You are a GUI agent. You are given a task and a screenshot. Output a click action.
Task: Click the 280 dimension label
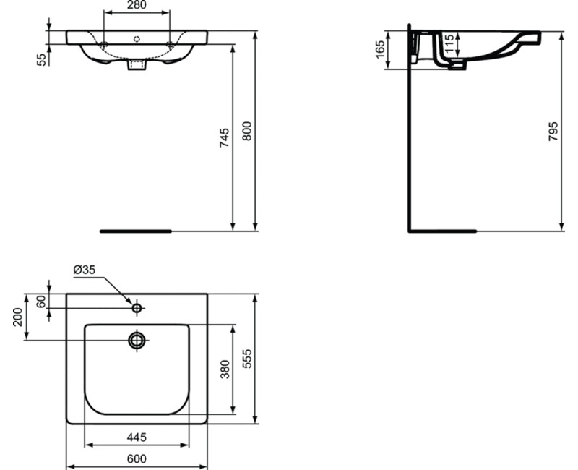(137, 7)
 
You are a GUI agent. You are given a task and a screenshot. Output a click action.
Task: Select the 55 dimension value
(41, 59)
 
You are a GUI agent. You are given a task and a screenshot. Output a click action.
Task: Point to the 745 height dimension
(225, 137)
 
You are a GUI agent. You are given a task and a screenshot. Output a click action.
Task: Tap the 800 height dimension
(247, 131)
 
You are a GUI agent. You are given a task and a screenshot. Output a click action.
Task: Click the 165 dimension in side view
(379, 50)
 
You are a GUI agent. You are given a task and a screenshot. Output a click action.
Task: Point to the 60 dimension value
(41, 301)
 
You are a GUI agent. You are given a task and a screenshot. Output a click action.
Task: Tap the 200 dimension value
(18, 316)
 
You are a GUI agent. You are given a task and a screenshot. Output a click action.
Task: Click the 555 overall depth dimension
(247, 359)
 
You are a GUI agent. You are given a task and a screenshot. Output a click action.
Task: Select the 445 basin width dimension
(137, 437)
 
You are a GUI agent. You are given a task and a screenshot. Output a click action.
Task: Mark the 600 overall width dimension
(137, 458)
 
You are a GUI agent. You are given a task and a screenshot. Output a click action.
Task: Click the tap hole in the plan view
(137, 309)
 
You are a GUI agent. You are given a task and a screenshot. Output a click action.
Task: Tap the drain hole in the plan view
(137, 340)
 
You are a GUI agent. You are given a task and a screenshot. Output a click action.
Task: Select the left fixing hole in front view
(104, 46)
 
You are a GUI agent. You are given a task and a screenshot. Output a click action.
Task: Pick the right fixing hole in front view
(171, 46)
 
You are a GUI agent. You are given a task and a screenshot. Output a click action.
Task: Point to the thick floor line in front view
(135, 231)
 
